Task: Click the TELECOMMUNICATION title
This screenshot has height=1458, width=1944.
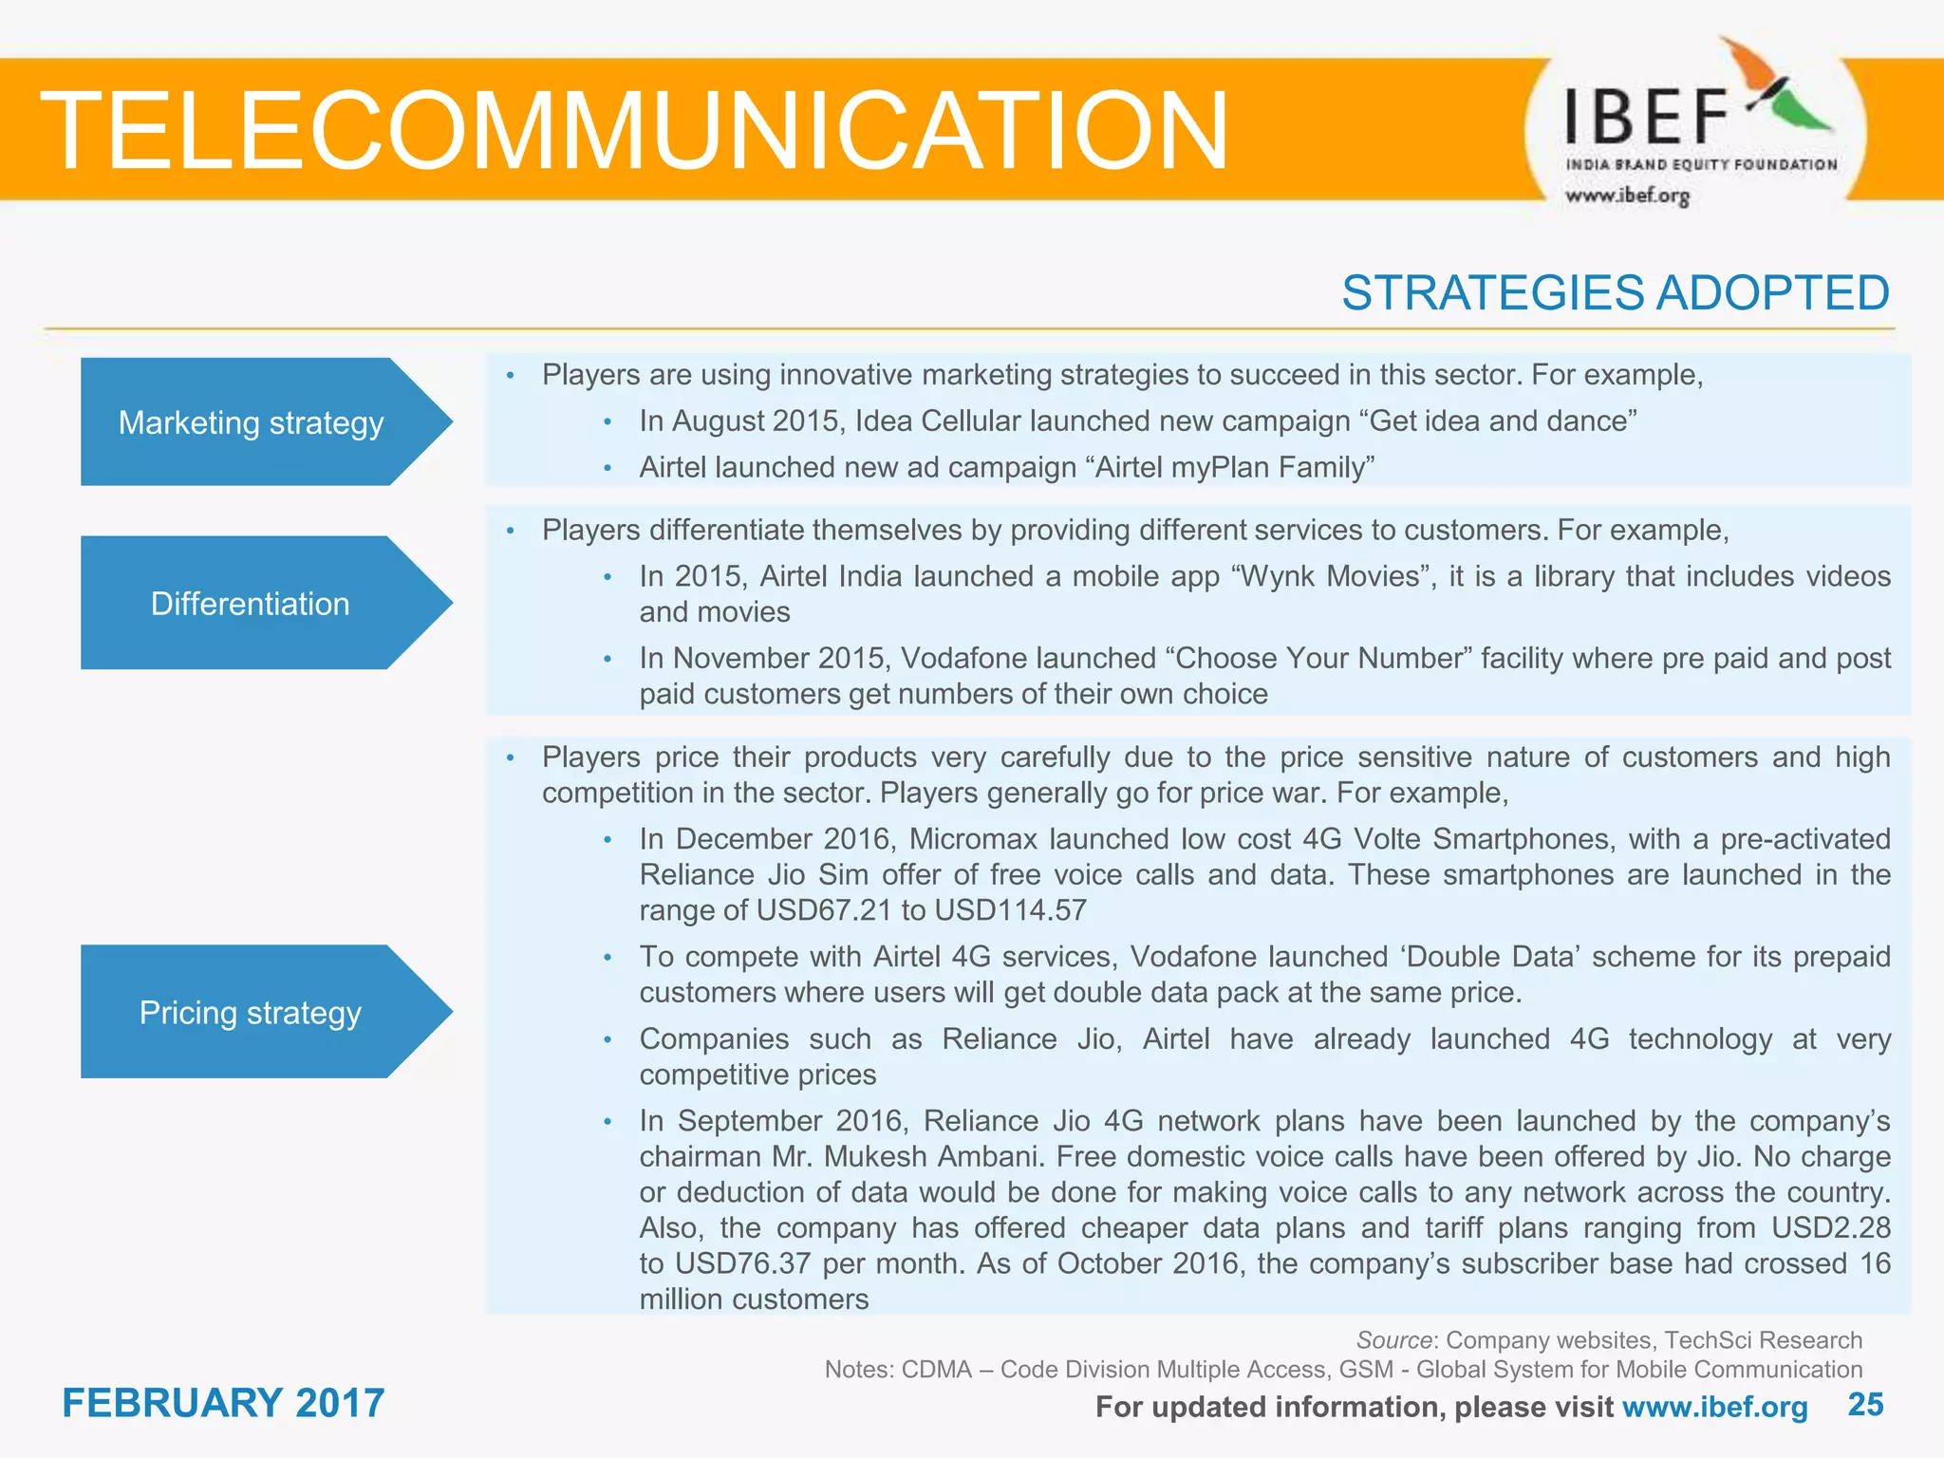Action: [634, 130]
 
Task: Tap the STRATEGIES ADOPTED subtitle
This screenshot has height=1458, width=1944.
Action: [1615, 292]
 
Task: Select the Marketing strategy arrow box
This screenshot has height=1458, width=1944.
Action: [252, 422]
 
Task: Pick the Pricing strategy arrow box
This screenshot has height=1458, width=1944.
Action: [251, 1013]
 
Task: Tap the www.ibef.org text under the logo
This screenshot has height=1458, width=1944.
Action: [1627, 196]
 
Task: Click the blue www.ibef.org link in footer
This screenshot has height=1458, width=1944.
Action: [1714, 1407]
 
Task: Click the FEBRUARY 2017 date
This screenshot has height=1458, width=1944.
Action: [223, 1403]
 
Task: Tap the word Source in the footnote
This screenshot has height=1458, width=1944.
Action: [1393, 1340]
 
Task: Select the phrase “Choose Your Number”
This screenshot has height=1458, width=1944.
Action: [1317, 658]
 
